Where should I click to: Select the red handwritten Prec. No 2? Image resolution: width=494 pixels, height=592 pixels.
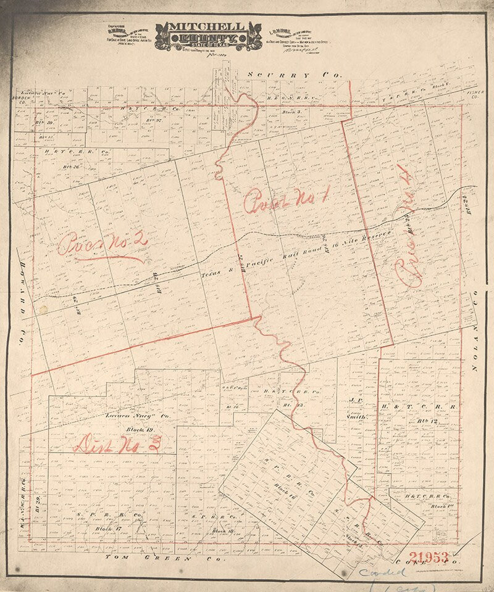(x=102, y=244)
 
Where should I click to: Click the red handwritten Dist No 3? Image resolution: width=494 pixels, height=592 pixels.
(x=117, y=443)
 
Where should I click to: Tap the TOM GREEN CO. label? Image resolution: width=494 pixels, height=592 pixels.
(x=146, y=557)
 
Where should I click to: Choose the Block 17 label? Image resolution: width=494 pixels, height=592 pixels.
(x=107, y=528)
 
